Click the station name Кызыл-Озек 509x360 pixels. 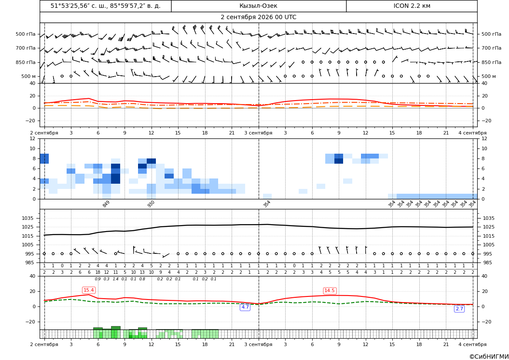(258, 6)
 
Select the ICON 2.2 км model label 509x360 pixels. (411, 6)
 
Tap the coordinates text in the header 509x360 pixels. (105, 6)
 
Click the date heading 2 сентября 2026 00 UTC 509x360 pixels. (258, 17)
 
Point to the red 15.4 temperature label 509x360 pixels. (89, 290)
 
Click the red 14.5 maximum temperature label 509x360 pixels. (330, 290)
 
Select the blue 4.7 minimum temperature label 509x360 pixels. (245, 307)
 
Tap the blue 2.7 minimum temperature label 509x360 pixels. (459, 309)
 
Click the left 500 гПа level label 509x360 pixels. (26, 34)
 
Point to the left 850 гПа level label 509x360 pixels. (26, 62)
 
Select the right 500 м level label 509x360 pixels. (489, 76)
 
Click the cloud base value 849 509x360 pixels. (106, 204)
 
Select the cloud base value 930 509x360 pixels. (151, 204)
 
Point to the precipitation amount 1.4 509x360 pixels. (115, 279)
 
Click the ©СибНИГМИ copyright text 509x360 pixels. (489, 357)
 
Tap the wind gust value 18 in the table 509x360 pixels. (98, 273)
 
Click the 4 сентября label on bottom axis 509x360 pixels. (472, 344)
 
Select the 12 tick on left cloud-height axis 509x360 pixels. (33, 138)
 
